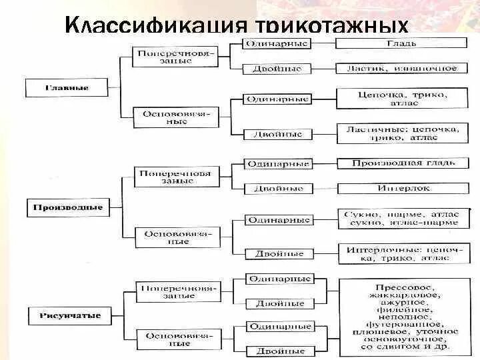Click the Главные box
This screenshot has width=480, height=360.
pyautogui.click(x=67, y=87)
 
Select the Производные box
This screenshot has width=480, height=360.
pyautogui.click(x=67, y=207)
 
